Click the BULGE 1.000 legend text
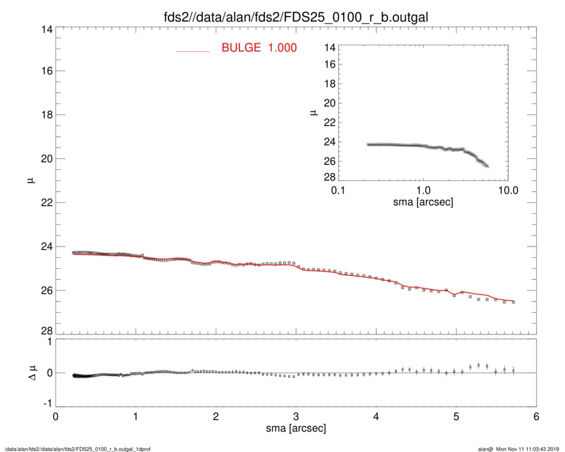[259, 48]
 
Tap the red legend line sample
[193, 50]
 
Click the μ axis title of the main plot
[30, 181]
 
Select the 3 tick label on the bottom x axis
[296, 417]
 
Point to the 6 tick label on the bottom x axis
[536, 417]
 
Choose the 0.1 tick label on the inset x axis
[338, 190]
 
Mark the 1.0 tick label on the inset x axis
[423, 190]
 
